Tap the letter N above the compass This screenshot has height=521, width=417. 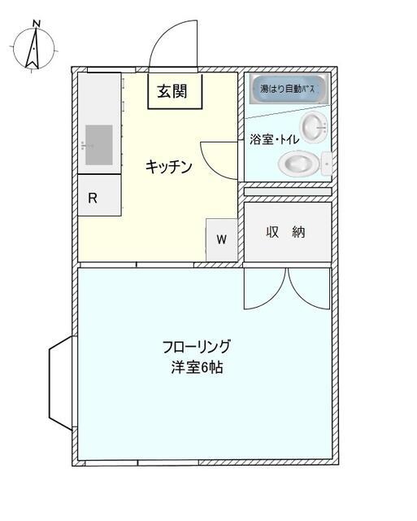click(35, 24)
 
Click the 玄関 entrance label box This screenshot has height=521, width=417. click(172, 91)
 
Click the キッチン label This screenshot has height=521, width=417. click(168, 167)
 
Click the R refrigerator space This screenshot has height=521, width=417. click(93, 198)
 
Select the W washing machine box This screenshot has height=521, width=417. click(221, 239)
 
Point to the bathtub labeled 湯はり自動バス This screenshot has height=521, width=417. click(287, 88)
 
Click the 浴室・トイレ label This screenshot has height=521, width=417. click(274, 140)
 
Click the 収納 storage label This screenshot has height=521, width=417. click(286, 231)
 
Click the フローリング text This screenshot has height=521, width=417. click(196, 346)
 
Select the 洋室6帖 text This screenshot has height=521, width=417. click(196, 367)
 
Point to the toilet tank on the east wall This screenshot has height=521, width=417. click(327, 164)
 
